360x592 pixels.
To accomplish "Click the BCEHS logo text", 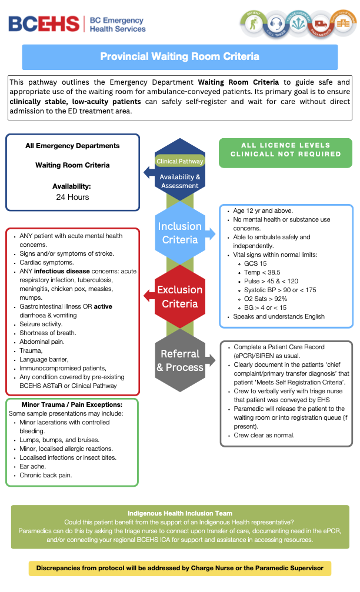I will (44, 24).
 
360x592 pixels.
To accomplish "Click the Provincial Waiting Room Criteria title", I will (179, 57).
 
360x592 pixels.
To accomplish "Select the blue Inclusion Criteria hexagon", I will (179, 233).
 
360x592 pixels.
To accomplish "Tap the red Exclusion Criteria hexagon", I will (179, 296).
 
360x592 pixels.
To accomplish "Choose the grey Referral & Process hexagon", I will (179, 360).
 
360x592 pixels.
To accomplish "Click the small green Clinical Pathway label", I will (179, 160).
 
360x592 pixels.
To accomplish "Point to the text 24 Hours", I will (72, 197).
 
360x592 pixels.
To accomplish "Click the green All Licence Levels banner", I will (285, 149).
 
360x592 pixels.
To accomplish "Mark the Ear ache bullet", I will (34, 466).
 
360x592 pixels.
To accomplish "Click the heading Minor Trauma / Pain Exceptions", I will (72, 405).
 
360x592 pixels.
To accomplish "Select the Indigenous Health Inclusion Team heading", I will (179, 513).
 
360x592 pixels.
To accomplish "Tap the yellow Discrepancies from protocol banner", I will (179, 568).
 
